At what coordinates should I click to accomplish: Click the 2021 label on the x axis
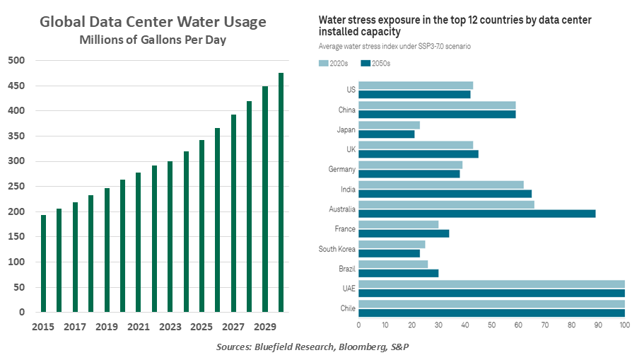[138, 328]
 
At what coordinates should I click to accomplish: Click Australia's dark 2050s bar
[477, 213]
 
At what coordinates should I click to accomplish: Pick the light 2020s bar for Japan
[389, 124]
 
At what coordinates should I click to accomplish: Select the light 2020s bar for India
[441, 184]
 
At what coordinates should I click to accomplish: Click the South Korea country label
[337, 248]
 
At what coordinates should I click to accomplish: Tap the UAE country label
[347, 288]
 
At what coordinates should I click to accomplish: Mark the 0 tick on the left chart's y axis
[22, 312]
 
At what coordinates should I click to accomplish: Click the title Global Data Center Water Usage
[153, 22]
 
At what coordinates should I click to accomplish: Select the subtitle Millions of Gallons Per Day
[153, 40]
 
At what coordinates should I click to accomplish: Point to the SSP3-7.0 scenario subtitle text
[395, 46]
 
